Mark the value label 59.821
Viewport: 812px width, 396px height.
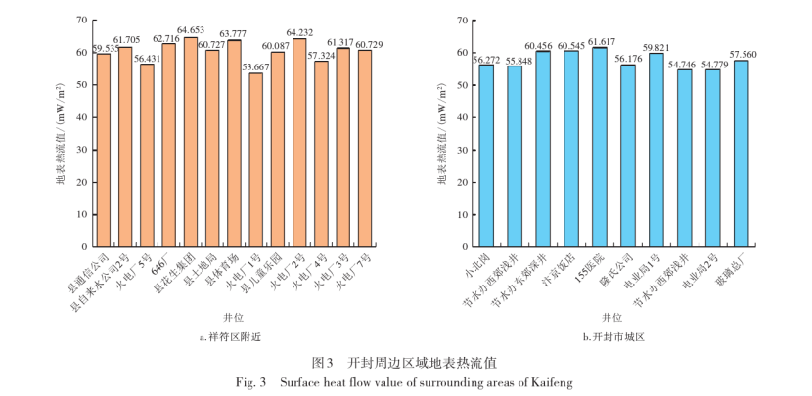[x=657, y=46]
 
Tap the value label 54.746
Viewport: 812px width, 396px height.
[x=685, y=63]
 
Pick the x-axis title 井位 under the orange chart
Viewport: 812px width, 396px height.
[x=226, y=316]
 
